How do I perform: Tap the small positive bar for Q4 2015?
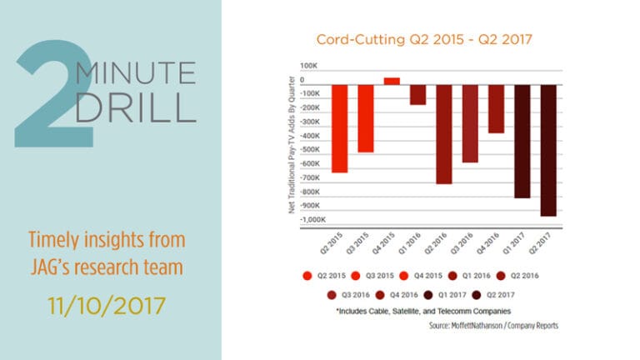(x=392, y=81)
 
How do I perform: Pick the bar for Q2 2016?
(x=444, y=133)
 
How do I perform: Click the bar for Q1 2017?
(x=522, y=141)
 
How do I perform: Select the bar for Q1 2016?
(x=417, y=94)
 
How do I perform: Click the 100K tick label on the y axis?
(x=309, y=65)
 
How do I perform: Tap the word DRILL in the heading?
(x=137, y=107)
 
